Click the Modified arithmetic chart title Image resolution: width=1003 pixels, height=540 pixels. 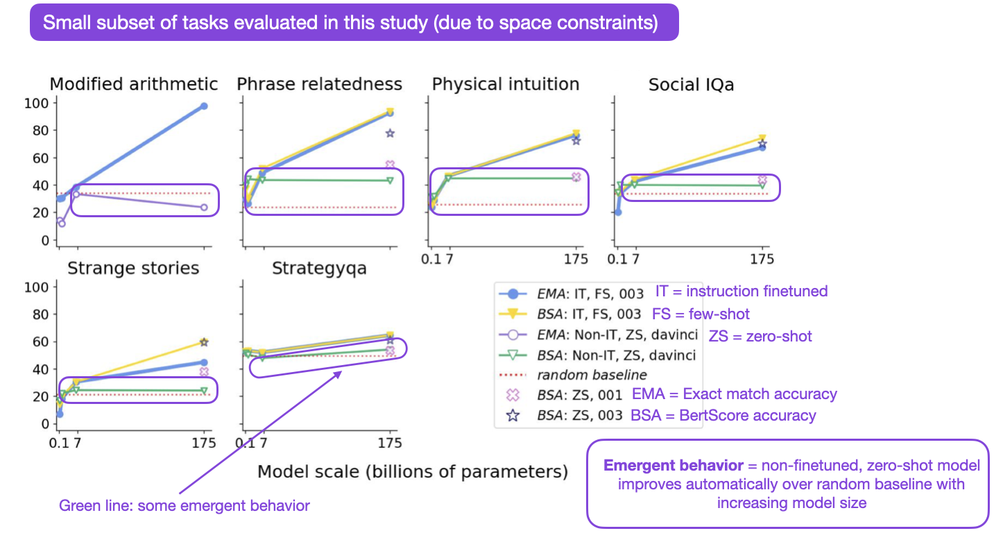[x=134, y=85]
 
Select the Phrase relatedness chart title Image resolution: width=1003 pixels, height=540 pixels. [x=319, y=85]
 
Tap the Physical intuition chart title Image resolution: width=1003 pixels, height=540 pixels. [x=506, y=85]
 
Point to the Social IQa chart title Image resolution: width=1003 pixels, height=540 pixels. [x=691, y=85]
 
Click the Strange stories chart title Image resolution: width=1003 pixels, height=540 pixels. [x=133, y=269]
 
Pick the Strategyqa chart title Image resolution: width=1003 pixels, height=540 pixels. [x=319, y=269]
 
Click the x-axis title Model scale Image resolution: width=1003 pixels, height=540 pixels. [x=413, y=472]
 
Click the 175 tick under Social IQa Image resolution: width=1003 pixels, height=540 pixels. [x=762, y=260]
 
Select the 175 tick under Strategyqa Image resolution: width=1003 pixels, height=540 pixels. [x=390, y=444]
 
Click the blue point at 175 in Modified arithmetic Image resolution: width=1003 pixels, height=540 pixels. [x=204, y=106]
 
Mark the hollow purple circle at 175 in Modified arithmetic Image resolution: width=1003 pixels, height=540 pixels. [x=204, y=208]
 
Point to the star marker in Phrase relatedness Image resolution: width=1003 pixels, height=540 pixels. [x=390, y=133]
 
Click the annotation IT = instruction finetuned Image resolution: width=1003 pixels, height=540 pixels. [x=741, y=292]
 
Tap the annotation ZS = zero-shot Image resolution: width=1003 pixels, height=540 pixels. [x=760, y=337]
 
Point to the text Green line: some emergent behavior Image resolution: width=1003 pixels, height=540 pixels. [x=185, y=506]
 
